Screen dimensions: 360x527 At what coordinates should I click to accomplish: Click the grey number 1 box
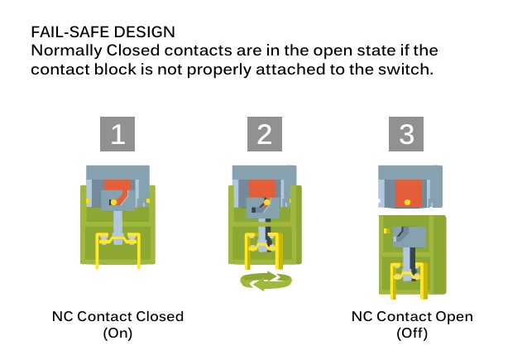(117, 134)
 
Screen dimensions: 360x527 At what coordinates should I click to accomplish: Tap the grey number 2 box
(264, 134)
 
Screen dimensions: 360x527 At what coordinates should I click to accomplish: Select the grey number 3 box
(406, 134)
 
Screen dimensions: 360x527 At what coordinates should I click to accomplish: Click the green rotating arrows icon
(266, 281)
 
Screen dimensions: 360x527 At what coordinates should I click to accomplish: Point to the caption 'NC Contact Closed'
(117, 317)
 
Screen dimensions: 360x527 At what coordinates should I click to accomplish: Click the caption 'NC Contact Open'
(412, 317)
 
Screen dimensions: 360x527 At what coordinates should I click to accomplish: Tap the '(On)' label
(117, 334)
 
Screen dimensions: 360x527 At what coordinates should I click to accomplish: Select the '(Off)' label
(412, 334)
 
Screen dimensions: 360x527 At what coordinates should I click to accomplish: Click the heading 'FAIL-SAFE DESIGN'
(103, 32)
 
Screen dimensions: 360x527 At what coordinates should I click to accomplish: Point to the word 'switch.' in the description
(405, 70)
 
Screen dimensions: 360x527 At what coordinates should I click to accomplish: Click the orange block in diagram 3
(407, 192)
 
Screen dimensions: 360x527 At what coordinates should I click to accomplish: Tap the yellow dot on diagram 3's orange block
(409, 200)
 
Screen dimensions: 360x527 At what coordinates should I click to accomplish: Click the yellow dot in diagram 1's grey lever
(113, 202)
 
